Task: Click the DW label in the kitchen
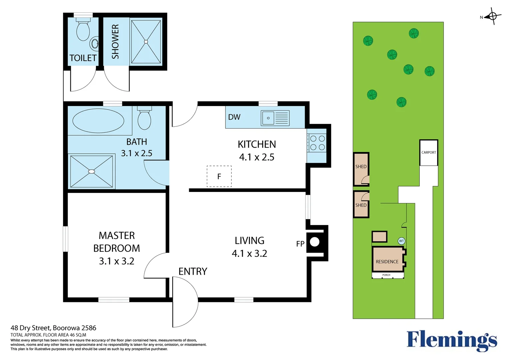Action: [x=234, y=117]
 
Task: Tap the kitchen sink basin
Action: [x=268, y=118]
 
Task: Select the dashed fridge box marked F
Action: [x=219, y=176]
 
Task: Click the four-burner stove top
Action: [x=317, y=143]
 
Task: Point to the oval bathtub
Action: [x=98, y=121]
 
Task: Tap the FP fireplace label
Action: [x=300, y=244]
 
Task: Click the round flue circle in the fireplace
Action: [x=314, y=242]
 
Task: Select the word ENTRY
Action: [x=193, y=271]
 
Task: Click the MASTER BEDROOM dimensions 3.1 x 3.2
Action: [x=117, y=261]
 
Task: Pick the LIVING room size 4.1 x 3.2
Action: [x=249, y=253]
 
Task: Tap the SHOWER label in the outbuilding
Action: [x=115, y=42]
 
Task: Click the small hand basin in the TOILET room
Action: [x=94, y=43]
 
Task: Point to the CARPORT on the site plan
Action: [x=429, y=153]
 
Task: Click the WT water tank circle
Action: [x=401, y=241]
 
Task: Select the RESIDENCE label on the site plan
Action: [x=387, y=262]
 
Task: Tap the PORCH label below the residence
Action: [x=386, y=275]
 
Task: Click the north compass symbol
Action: [x=492, y=16]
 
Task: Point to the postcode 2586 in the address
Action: [x=89, y=328]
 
